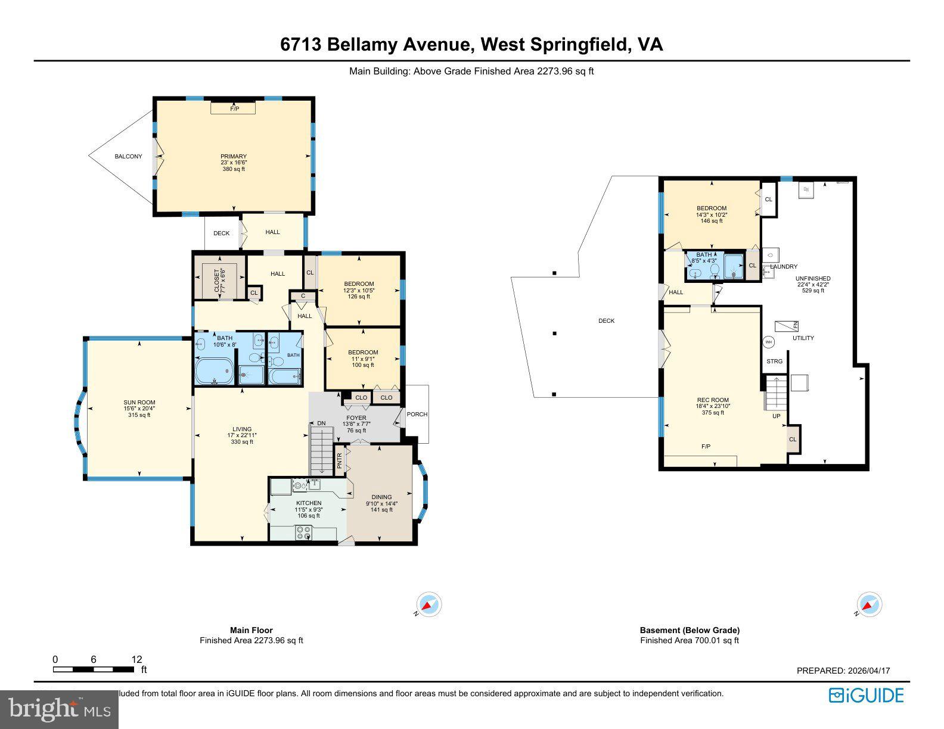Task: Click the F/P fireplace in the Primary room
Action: click(x=233, y=108)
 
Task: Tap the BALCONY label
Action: click(x=128, y=157)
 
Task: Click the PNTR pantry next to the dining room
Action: click(x=340, y=461)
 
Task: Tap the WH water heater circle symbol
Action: click(x=768, y=342)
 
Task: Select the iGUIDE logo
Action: click(x=866, y=695)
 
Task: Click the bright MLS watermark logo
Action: click(x=59, y=710)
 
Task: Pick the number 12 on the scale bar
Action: click(x=137, y=659)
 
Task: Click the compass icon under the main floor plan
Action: click(x=428, y=605)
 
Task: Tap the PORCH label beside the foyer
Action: click(x=417, y=415)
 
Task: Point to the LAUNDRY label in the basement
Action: click(x=783, y=267)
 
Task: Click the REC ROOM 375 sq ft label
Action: click(x=713, y=406)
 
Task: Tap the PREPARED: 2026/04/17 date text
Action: click(x=843, y=671)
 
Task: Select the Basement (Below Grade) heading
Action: click(x=689, y=630)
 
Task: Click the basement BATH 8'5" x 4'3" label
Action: click(x=703, y=257)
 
